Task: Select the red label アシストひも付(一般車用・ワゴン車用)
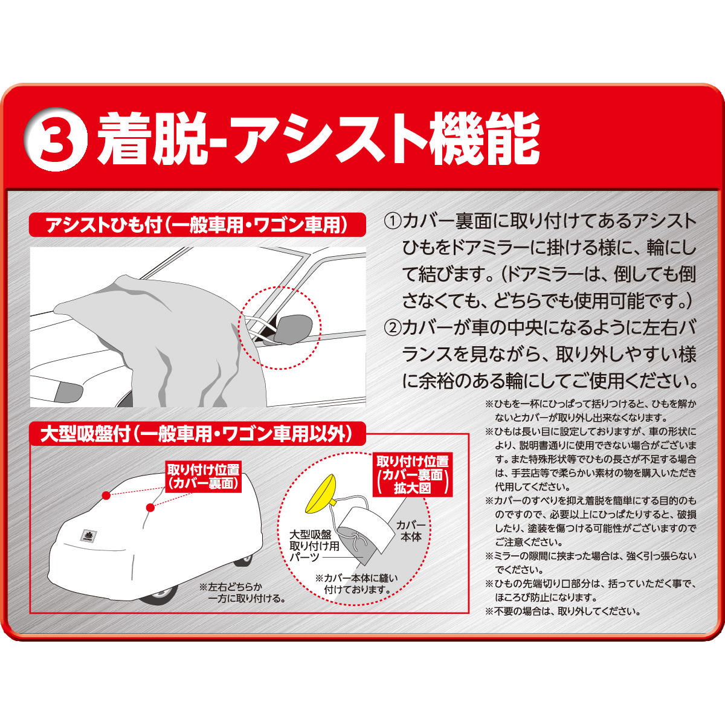[x=197, y=225]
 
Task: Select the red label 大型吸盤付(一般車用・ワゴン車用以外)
[x=197, y=434]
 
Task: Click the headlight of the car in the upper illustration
[x=67, y=392]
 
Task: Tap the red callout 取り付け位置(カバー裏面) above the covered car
[x=203, y=477]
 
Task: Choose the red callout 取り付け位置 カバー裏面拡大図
[x=412, y=475]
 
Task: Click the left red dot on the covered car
[x=106, y=495]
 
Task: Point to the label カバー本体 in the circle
[x=411, y=530]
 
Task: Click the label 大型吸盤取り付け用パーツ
[x=314, y=546]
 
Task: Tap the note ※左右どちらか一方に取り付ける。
[x=242, y=592]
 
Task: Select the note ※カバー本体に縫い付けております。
[x=356, y=583]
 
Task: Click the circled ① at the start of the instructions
[x=393, y=221]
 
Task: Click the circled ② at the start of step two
[x=393, y=327]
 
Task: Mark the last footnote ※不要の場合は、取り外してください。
[x=562, y=611]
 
